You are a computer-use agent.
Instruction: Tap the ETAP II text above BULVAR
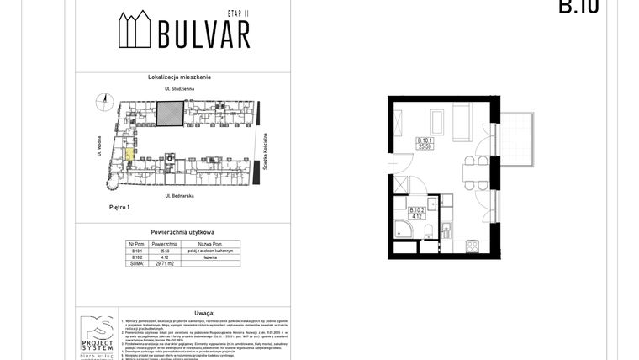[x=240, y=14]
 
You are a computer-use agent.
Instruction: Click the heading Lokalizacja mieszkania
[x=182, y=77]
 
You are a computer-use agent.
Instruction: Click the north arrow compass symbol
[x=105, y=100]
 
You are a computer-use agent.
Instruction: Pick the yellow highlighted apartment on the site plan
[x=129, y=151]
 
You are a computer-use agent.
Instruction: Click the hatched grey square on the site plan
[x=172, y=113]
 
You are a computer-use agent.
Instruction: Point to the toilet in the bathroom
[x=428, y=233]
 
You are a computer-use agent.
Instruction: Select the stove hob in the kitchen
[x=472, y=246]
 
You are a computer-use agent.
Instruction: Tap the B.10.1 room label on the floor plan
[x=426, y=140]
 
